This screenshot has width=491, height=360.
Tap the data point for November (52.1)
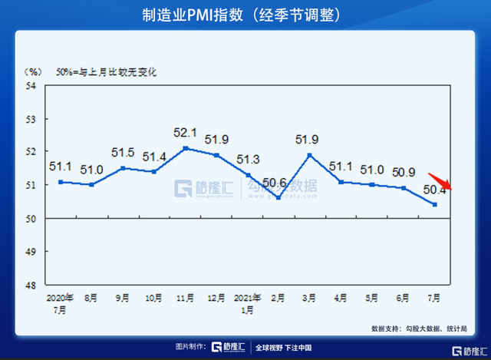click(186, 148)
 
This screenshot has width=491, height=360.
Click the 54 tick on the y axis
click(31, 86)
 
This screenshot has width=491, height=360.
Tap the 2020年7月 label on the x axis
click(59, 301)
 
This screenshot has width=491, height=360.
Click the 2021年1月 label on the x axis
click(248, 301)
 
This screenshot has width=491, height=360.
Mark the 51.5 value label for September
click(123, 152)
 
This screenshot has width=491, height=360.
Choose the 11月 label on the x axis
click(186, 296)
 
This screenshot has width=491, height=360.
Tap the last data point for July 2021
click(435, 204)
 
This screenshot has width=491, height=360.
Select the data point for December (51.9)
click(217, 155)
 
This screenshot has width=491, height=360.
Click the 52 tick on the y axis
click(31, 152)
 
